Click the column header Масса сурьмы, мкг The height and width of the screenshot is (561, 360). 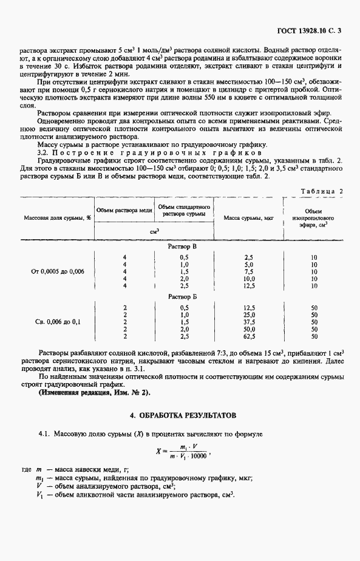point(246,217)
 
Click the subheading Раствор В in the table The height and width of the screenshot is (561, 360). point(182,248)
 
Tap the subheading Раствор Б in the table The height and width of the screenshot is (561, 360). point(182,297)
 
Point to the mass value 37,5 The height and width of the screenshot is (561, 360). point(248,321)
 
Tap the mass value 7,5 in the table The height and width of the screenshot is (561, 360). point(248,272)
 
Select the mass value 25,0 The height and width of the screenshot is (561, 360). point(248,314)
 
